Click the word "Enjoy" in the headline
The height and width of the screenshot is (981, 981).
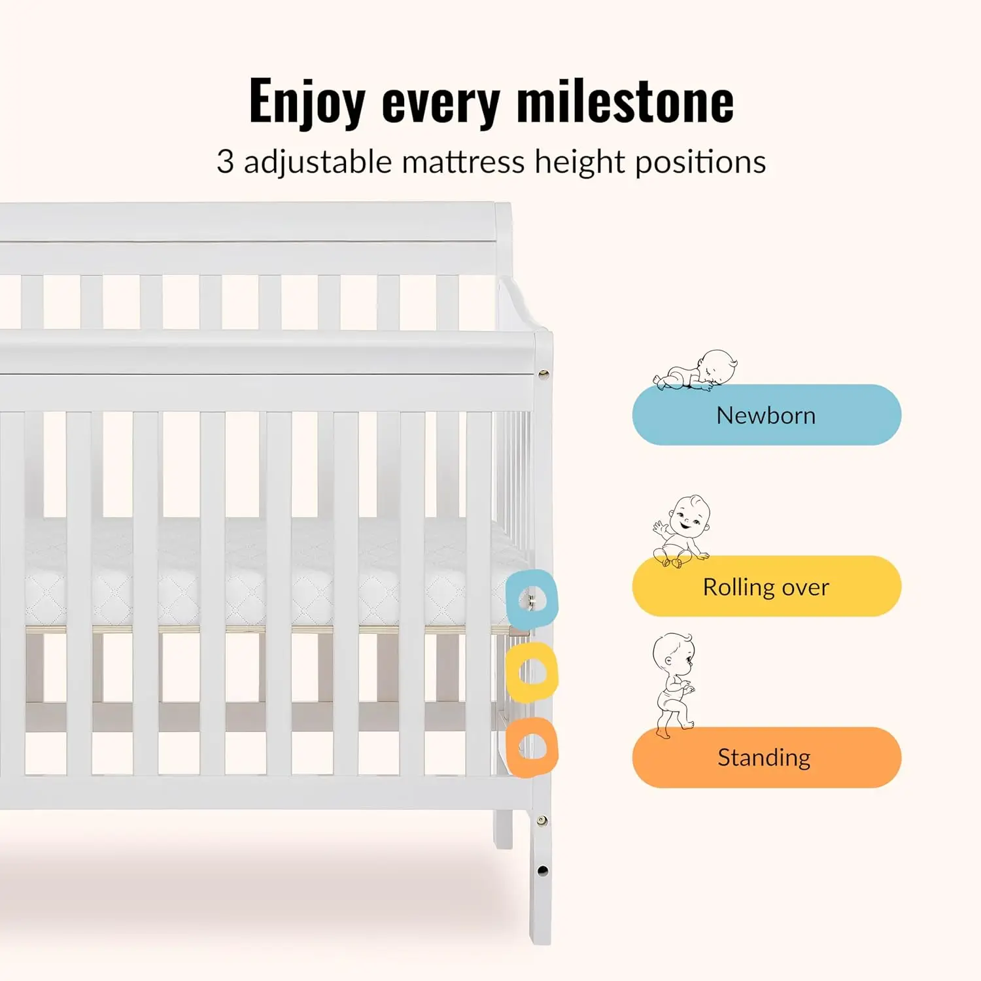(x=307, y=101)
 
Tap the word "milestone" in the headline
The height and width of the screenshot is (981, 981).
(x=625, y=101)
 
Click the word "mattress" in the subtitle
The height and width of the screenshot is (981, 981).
(x=463, y=162)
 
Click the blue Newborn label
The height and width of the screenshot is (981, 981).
(x=766, y=415)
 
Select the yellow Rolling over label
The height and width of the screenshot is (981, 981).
(x=766, y=587)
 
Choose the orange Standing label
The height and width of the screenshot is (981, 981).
(x=766, y=757)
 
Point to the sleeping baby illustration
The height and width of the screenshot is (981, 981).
(x=697, y=371)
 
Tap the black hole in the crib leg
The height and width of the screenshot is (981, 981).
(x=542, y=870)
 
